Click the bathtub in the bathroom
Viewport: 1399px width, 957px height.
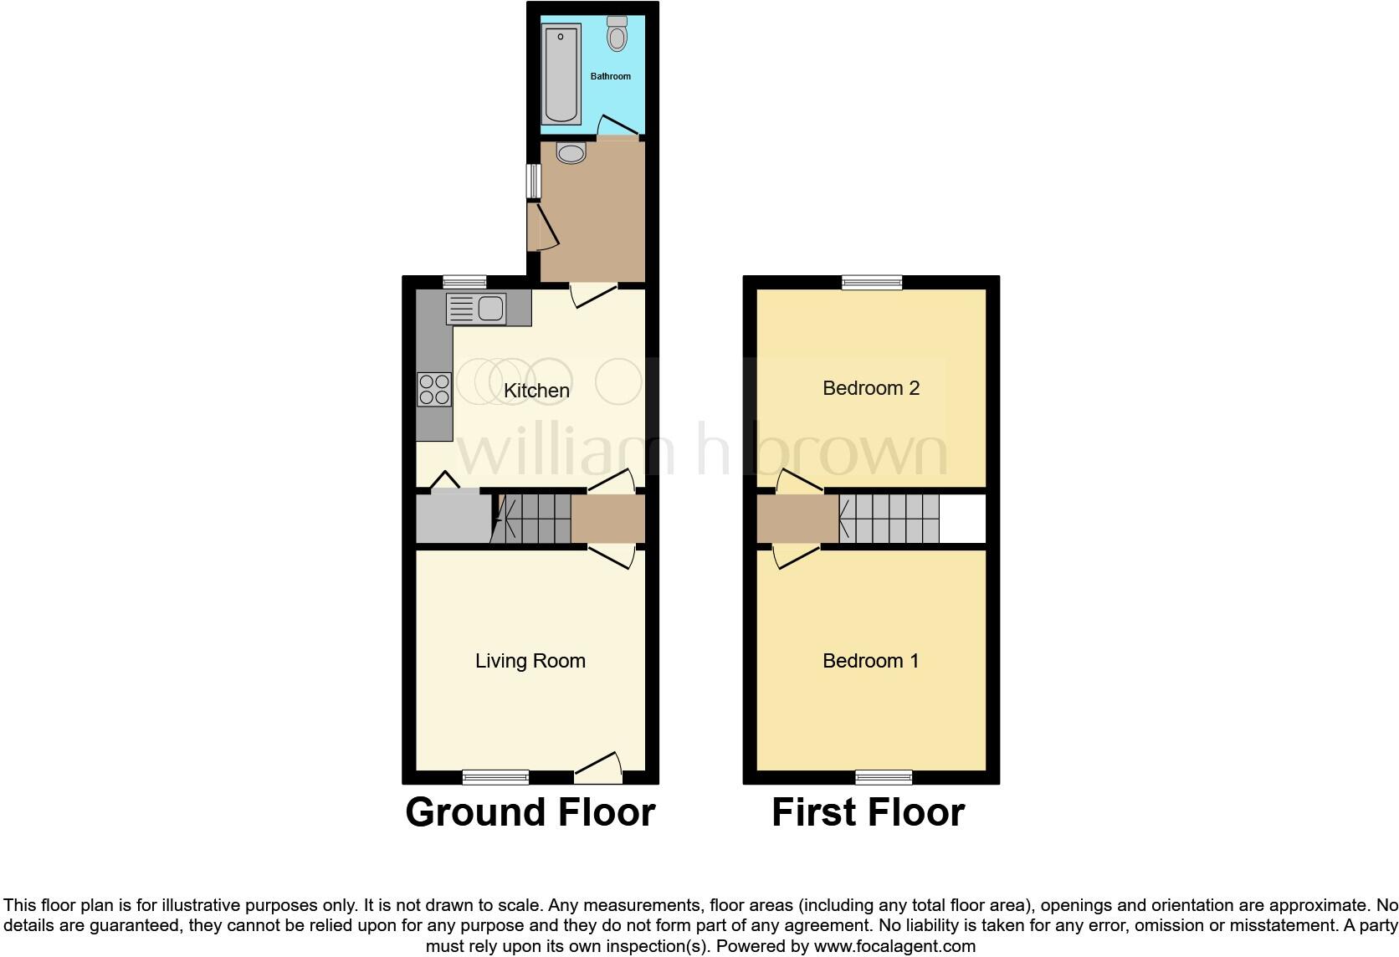point(561,74)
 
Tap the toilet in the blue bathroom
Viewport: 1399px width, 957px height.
point(618,34)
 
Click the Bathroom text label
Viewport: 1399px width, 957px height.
point(611,76)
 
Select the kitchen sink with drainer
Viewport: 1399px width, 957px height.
point(475,309)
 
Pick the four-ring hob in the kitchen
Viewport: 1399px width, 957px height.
point(434,389)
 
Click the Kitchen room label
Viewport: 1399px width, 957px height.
point(536,391)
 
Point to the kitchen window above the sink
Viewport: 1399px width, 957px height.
point(464,281)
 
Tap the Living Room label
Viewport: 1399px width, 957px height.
point(530,661)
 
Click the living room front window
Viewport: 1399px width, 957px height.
point(495,777)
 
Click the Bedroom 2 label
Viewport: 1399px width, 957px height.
point(871,388)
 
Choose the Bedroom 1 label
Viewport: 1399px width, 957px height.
point(871,661)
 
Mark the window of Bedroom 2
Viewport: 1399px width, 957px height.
point(872,282)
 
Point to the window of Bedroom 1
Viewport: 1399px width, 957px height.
point(884,777)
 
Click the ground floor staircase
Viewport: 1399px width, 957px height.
point(536,519)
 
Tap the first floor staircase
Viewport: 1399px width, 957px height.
point(889,519)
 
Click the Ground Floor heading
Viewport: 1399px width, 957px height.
point(530,812)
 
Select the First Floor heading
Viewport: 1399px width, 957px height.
point(868,812)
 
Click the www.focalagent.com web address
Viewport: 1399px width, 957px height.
point(894,947)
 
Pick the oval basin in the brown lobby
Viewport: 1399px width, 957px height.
point(571,153)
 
